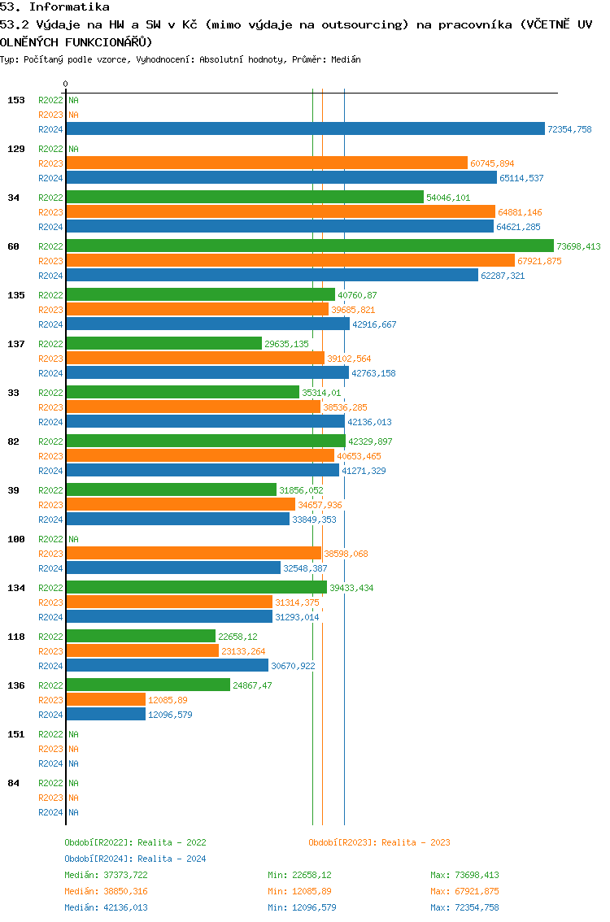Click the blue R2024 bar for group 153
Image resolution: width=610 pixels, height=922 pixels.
click(305, 128)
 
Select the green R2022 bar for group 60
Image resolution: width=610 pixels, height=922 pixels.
click(310, 246)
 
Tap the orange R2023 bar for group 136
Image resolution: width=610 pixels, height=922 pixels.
click(106, 699)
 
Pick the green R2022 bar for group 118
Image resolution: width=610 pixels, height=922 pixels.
click(141, 636)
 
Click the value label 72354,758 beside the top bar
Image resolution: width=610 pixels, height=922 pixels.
click(569, 129)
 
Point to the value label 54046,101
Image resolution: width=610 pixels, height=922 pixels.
click(449, 198)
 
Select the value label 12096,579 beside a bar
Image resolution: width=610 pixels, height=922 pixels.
click(170, 715)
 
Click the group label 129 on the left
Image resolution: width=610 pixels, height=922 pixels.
click(15, 149)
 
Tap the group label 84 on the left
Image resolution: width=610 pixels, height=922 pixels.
click(13, 783)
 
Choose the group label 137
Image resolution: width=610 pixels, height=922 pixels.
click(15, 344)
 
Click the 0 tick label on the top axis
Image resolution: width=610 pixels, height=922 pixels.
click(66, 84)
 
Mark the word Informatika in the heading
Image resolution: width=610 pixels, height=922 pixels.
click(69, 7)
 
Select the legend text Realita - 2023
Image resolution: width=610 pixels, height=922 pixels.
click(416, 842)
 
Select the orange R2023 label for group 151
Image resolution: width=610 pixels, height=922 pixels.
click(50, 749)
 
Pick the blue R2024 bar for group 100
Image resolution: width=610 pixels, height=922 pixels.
click(173, 568)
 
